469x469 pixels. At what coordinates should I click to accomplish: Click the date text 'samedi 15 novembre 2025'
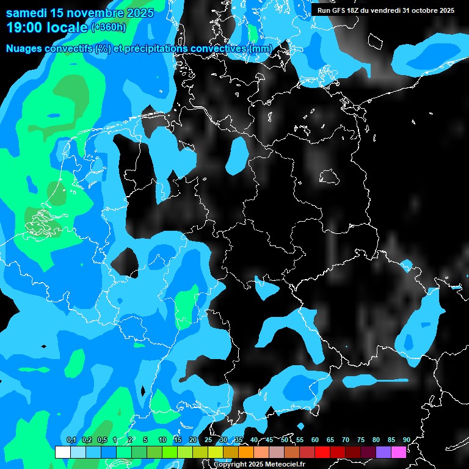click(79, 13)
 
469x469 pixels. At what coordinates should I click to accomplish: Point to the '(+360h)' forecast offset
click(109, 27)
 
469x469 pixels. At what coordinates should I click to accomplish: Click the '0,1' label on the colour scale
click(71, 440)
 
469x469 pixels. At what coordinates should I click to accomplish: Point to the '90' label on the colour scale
click(406, 440)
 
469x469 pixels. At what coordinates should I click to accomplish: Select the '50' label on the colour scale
click(285, 440)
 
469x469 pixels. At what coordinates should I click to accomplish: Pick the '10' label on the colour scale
click(162, 440)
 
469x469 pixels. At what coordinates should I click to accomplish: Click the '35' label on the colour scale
click(239, 440)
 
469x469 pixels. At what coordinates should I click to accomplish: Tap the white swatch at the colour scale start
click(62, 452)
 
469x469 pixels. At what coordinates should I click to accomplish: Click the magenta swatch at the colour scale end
click(399, 452)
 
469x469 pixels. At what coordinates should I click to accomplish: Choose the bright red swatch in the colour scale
click(322, 452)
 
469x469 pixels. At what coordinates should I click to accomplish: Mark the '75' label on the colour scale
click(360, 440)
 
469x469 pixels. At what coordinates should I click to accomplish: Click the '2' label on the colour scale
click(132, 440)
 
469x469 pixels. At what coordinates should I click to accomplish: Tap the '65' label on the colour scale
click(330, 440)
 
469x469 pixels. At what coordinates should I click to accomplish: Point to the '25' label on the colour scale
click(208, 440)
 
